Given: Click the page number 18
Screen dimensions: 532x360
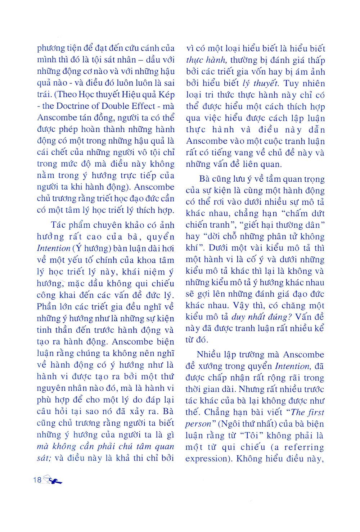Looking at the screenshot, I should click(x=37, y=480).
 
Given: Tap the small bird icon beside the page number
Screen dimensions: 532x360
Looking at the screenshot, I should click(x=53, y=480).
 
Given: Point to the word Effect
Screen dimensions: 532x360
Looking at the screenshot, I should click(x=144, y=106).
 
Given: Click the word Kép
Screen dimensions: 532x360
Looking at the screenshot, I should click(x=167, y=95).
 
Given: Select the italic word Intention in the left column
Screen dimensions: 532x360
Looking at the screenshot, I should click(x=54, y=248).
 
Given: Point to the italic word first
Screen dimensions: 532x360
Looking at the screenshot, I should click(x=316, y=412).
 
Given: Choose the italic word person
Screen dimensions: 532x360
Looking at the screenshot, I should click(x=198, y=424).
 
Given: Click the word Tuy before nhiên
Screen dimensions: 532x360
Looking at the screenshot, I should click(x=291, y=83).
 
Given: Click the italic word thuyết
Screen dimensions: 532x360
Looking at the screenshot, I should click(x=265, y=83).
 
